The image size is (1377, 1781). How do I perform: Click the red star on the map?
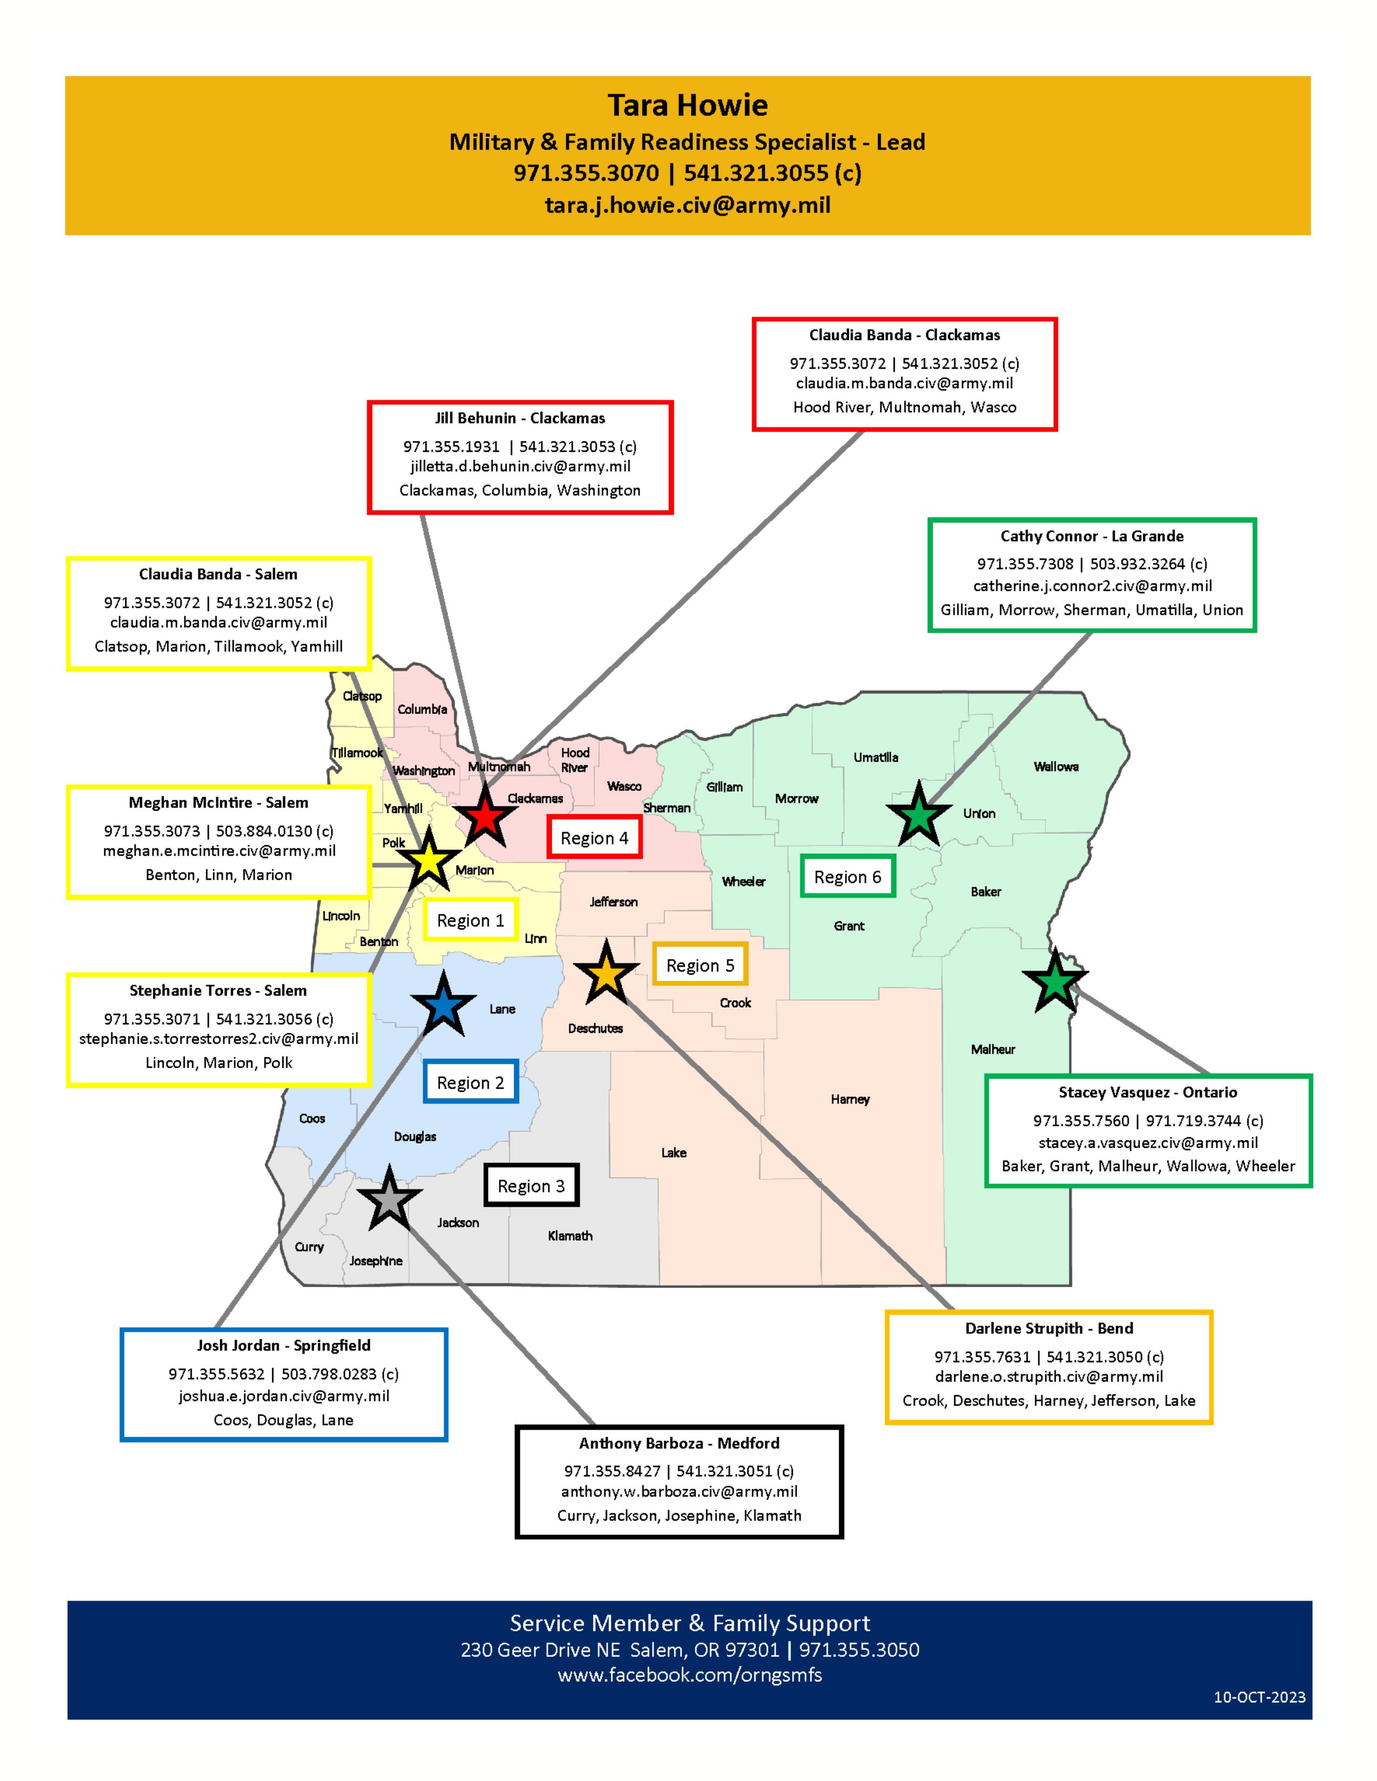484,815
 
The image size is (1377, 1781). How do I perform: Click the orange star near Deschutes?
606,974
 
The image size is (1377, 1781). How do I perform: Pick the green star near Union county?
919,815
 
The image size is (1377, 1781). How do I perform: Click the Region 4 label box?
594,838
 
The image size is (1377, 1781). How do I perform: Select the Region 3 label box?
531,1186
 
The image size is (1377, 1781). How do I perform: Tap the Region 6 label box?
848,876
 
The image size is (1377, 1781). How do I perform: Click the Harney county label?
850,1099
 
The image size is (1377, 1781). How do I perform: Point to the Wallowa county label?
1056,766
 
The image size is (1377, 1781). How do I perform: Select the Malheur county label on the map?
993,1050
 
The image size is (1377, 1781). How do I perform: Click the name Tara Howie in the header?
687,105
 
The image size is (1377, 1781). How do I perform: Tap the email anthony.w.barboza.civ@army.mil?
679,1492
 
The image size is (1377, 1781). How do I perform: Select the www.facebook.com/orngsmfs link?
690,1676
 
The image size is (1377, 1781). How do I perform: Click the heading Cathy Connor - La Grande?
1091,536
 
